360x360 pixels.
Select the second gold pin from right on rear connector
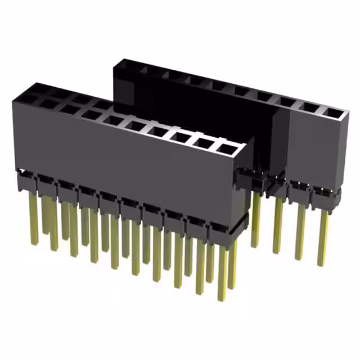click(x=300, y=231)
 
